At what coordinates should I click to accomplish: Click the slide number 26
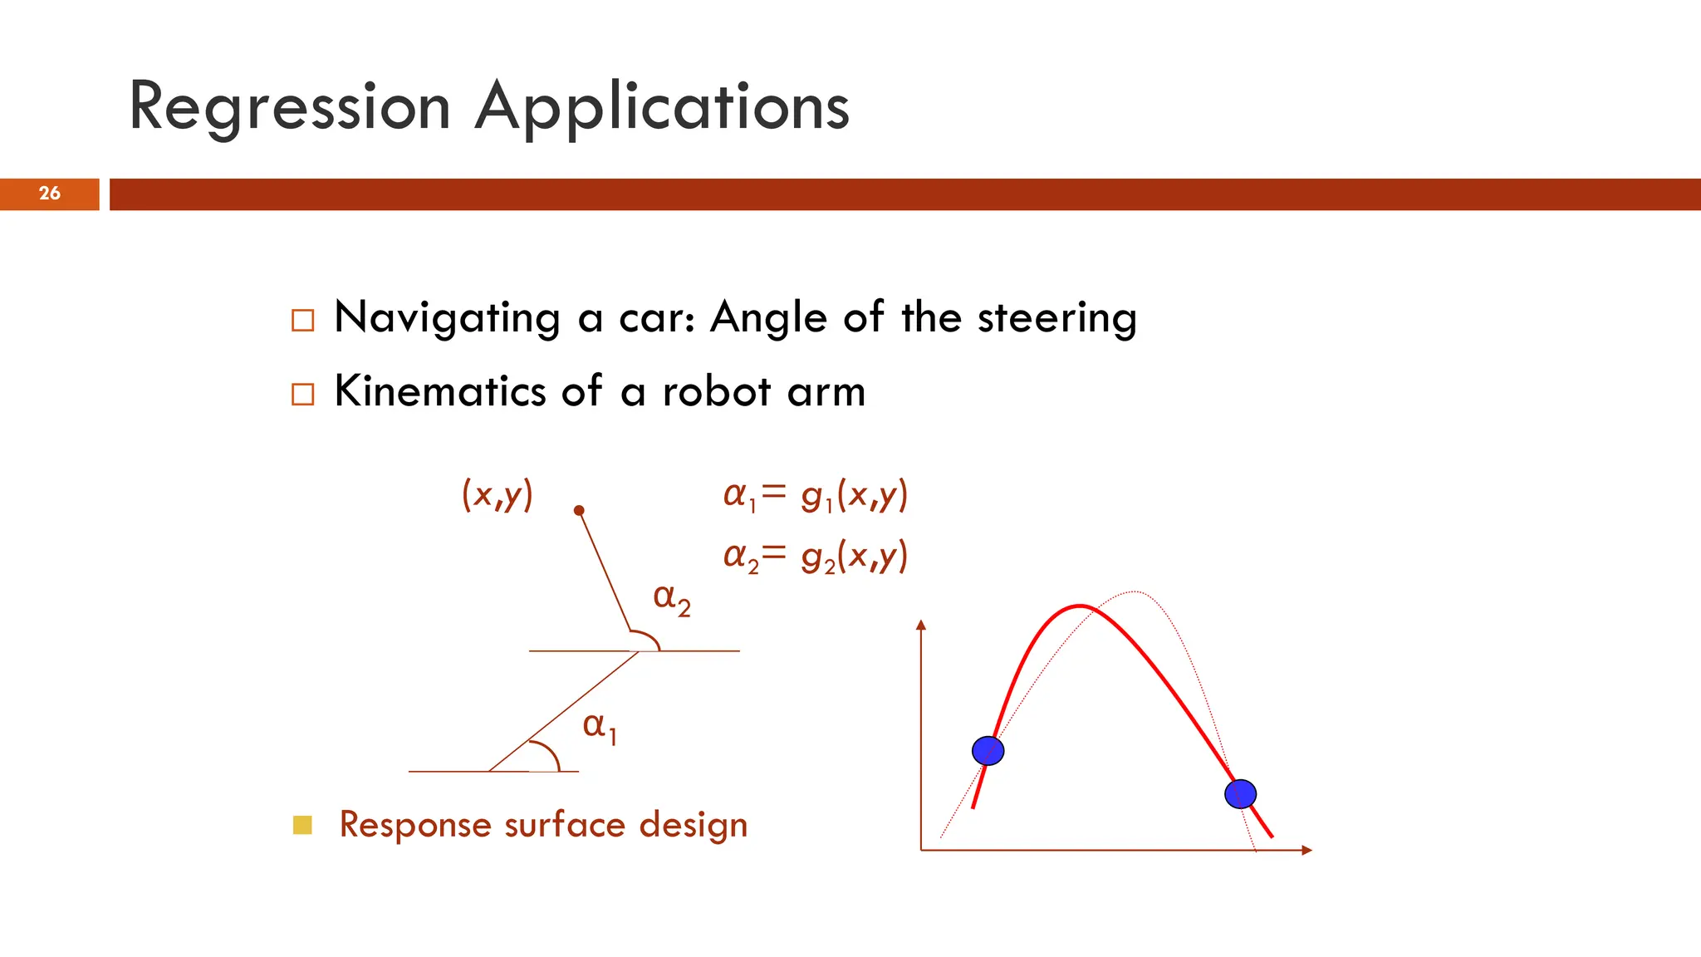click(50, 194)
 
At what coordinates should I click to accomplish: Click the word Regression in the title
click(290, 108)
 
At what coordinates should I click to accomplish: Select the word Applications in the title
click(662, 108)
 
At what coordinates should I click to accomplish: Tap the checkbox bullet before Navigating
click(303, 321)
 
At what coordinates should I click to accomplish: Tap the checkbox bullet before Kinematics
click(303, 394)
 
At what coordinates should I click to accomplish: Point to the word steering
click(1056, 318)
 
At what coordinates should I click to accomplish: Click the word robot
click(716, 391)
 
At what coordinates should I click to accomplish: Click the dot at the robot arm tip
click(579, 510)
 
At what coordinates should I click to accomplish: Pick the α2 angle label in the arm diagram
click(672, 598)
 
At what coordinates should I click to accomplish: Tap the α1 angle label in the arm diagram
click(599, 727)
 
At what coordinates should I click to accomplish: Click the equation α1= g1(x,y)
click(815, 495)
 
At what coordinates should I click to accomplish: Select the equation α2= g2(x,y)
click(815, 556)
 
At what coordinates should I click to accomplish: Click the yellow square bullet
click(302, 825)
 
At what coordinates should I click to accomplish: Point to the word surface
click(565, 825)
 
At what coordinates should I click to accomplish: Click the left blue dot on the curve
click(988, 751)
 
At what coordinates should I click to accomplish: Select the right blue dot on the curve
click(1240, 794)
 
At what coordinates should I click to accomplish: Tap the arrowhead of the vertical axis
click(920, 625)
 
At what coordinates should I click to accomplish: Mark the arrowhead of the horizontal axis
click(1306, 850)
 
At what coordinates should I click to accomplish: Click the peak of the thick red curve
click(1079, 606)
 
